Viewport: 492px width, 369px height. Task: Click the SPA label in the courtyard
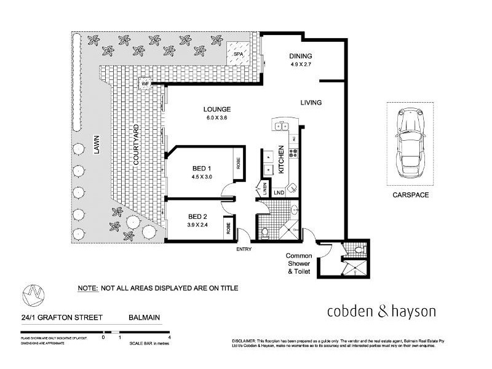[x=237, y=54]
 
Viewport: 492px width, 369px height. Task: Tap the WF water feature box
[x=146, y=84]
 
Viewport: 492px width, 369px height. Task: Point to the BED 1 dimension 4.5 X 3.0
[x=201, y=177]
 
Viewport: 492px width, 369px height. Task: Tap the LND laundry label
[x=279, y=193]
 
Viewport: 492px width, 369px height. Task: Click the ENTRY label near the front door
[x=244, y=249]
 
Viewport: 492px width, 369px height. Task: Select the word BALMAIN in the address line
[x=144, y=318]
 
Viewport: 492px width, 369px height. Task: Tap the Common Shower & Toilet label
[x=298, y=263]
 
